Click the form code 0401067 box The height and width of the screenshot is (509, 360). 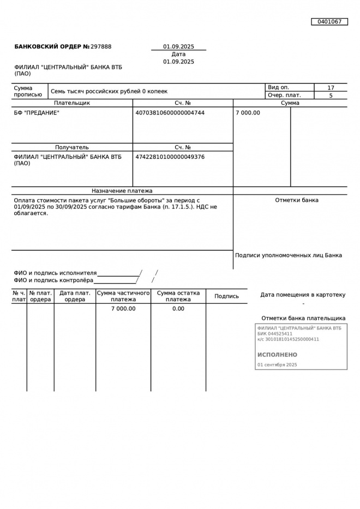click(x=329, y=22)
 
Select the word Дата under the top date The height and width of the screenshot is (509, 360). click(x=178, y=55)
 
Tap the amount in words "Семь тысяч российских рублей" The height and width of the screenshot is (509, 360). click(x=109, y=92)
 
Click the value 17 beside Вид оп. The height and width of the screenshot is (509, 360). click(x=331, y=88)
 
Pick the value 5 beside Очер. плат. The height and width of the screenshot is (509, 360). click(x=331, y=95)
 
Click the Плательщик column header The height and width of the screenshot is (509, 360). click(x=72, y=103)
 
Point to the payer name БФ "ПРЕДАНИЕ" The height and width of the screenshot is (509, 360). click(x=37, y=113)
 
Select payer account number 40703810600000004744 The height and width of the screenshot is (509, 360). click(x=170, y=113)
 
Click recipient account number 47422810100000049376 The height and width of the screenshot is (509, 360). click(x=170, y=157)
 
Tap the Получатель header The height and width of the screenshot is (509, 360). click(x=72, y=147)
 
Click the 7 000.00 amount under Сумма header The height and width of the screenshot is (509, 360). click(x=248, y=113)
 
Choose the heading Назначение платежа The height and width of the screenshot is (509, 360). click(x=122, y=191)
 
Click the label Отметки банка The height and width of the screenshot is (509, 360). click(x=297, y=200)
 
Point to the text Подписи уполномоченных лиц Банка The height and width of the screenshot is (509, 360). click(x=289, y=255)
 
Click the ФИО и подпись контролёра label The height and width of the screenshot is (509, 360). click(x=53, y=280)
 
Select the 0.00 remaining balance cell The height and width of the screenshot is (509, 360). click(x=178, y=309)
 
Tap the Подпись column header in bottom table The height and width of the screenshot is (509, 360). click(x=226, y=296)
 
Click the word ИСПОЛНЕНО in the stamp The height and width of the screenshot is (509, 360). click(x=278, y=355)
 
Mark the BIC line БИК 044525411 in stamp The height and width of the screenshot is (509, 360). click(x=275, y=334)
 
